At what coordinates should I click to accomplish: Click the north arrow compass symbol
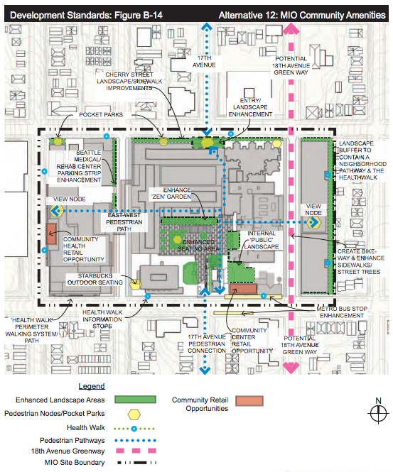[x=379, y=413]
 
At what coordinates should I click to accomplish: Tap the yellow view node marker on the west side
[x=56, y=212]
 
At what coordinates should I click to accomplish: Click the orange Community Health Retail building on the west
[x=51, y=234]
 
